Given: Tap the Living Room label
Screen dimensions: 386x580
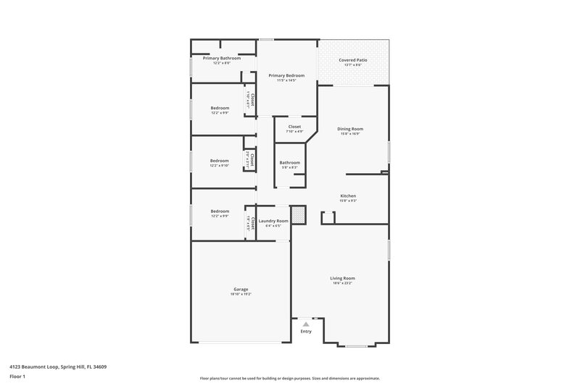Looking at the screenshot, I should (x=343, y=277).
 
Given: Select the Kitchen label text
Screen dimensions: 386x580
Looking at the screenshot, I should (x=348, y=196).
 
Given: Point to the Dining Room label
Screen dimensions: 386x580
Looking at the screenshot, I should (x=349, y=129).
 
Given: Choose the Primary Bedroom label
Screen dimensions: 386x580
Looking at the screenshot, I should (x=286, y=75).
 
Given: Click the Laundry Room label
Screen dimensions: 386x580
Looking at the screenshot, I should (x=273, y=220).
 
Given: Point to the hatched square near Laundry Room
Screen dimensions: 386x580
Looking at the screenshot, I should (x=298, y=214).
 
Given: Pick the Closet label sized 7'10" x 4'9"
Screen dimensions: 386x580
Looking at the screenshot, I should (x=294, y=127).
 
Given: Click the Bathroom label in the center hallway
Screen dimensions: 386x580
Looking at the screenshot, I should (x=290, y=162).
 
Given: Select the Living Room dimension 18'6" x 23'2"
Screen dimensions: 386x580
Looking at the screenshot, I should (x=343, y=283).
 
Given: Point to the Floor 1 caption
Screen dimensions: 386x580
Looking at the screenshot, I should (x=17, y=377).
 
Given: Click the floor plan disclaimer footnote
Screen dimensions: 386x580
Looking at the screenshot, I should (x=289, y=378).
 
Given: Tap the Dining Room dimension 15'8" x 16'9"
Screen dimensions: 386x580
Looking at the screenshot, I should (x=349, y=134).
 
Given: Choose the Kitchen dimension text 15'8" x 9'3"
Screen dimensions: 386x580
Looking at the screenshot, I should (x=348, y=201).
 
